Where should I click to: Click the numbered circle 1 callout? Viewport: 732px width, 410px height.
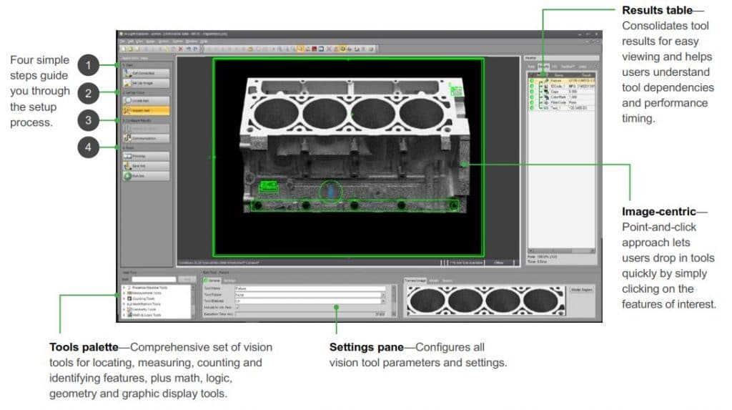click(x=87, y=66)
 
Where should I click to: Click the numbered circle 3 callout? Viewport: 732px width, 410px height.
click(x=87, y=120)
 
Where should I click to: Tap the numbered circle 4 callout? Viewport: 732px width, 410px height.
click(x=87, y=147)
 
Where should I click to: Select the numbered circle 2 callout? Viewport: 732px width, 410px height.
click(x=87, y=92)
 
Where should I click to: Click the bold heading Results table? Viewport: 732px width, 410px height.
click(x=657, y=11)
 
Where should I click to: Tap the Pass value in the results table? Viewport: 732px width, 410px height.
click(x=573, y=102)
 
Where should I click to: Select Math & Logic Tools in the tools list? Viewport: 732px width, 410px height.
click(x=147, y=315)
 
